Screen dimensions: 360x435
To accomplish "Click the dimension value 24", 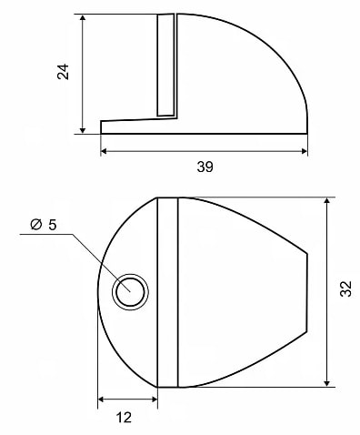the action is click(x=63, y=72).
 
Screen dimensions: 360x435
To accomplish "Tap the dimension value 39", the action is click(x=205, y=167).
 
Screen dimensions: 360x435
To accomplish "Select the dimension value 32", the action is click(x=345, y=288).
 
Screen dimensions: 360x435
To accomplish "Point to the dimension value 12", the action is click(x=124, y=418).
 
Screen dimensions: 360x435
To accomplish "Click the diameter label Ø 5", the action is click(x=44, y=225).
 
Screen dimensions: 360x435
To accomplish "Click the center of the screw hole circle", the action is click(x=130, y=292).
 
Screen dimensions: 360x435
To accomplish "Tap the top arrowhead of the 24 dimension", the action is click(x=83, y=17).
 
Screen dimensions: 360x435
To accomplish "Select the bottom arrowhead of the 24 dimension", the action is click(x=83, y=130).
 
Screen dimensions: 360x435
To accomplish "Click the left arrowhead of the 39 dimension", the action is click(x=104, y=151).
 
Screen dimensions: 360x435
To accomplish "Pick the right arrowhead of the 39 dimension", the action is click(x=304, y=151).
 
